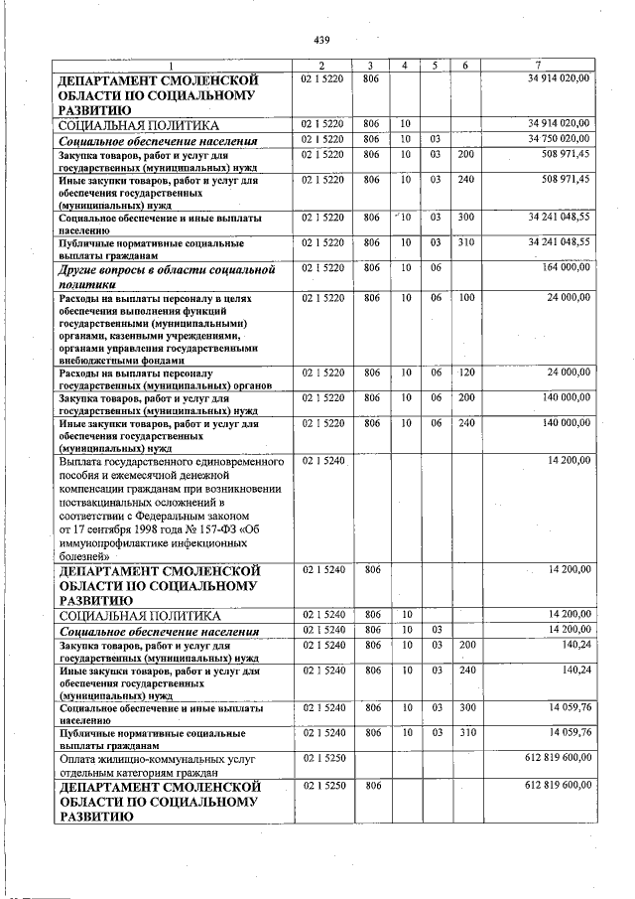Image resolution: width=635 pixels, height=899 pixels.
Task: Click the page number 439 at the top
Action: pyautogui.click(x=320, y=40)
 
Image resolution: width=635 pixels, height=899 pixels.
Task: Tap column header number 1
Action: pyautogui.click(x=170, y=65)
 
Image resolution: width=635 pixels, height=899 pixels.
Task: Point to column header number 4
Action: pyautogui.click(x=405, y=65)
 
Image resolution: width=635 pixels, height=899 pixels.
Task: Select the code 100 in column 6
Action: pyautogui.click(x=465, y=298)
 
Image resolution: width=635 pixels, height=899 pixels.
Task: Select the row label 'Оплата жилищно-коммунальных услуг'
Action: pyautogui.click(x=157, y=759)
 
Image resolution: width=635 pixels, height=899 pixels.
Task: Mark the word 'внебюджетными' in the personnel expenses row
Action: pyautogui.click(x=97, y=362)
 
